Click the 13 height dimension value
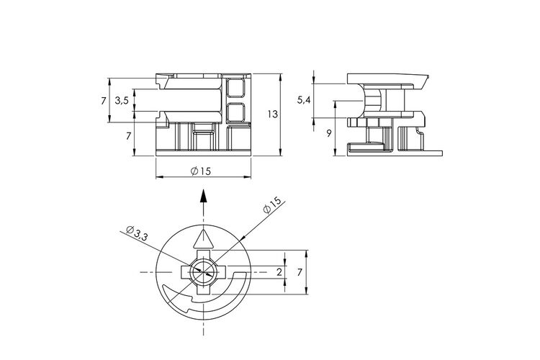coord(272,114)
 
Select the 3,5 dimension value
coord(122,101)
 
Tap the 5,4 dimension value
coord(304,100)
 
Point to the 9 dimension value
coord(329,133)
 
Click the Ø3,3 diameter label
coord(137,233)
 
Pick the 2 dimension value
coord(279,272)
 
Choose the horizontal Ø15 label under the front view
coord(201,171)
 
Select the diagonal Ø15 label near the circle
coord(272,206)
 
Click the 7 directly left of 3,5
coord(103,101)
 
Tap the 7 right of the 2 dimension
coord(300,272)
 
